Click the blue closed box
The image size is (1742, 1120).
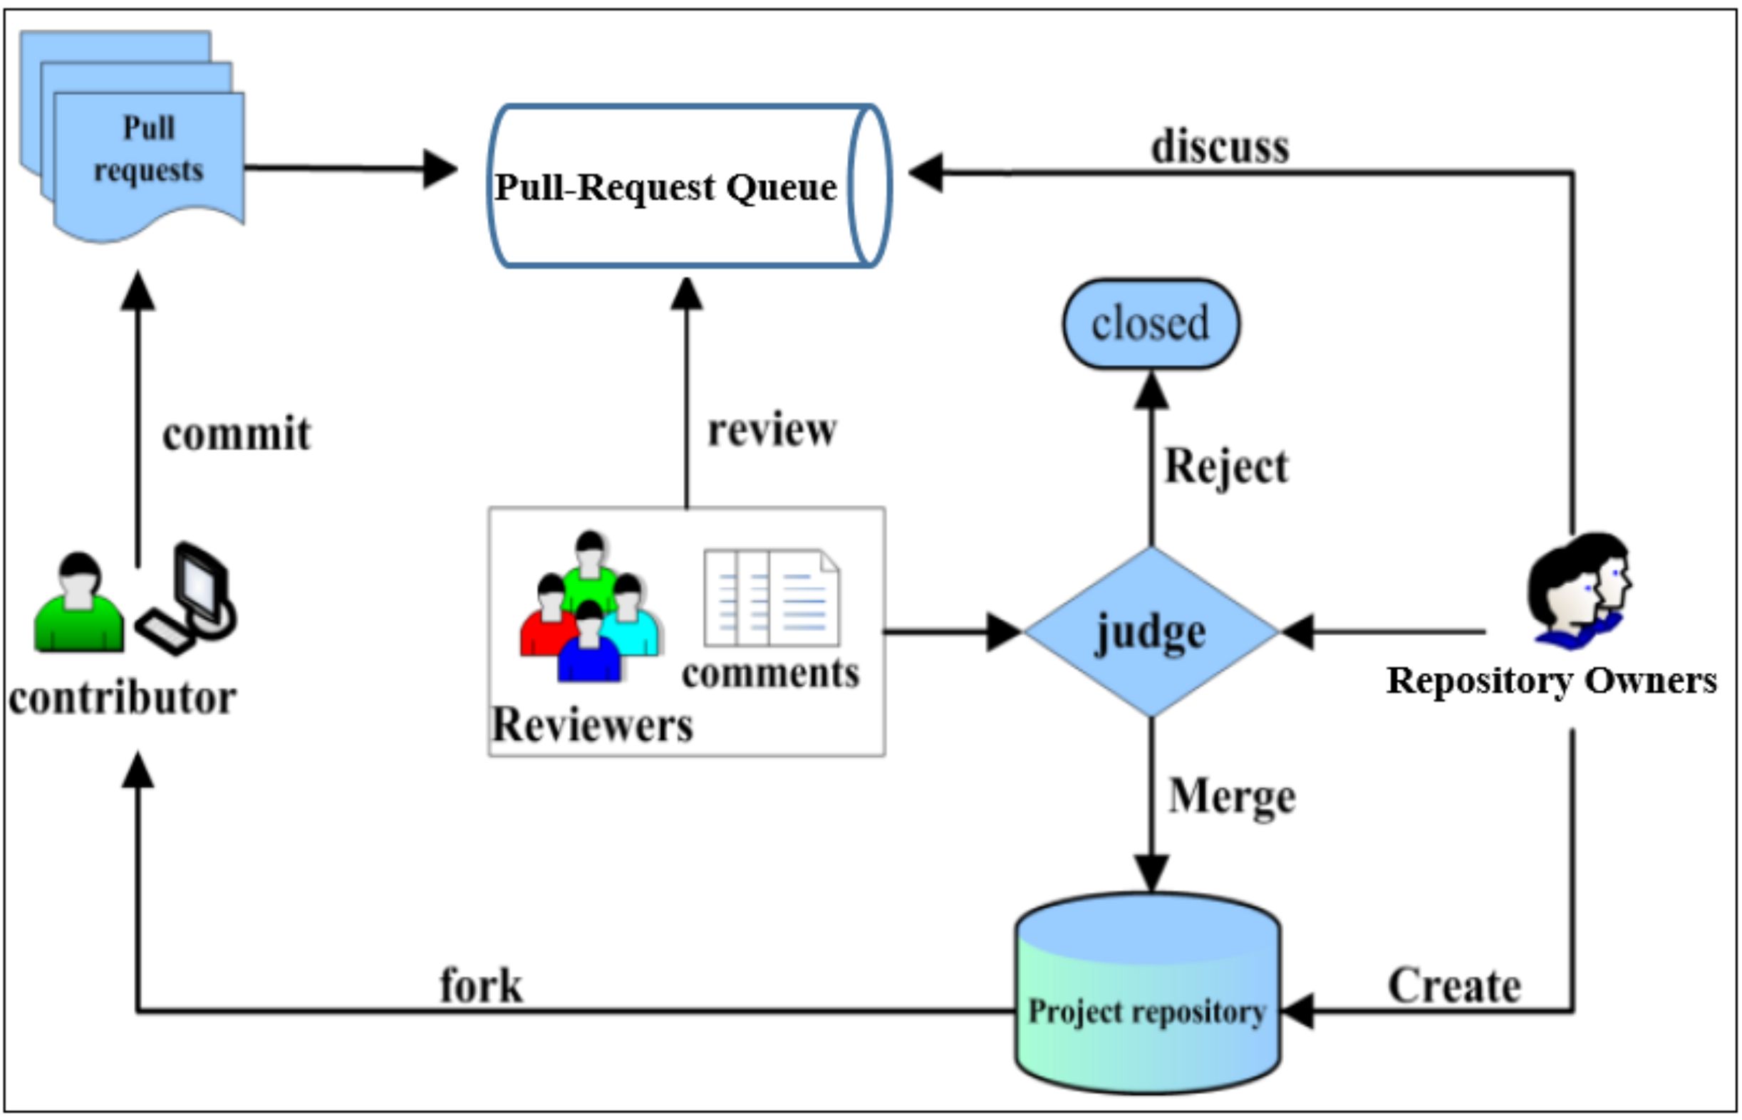1151,324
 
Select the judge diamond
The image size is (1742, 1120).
1151,632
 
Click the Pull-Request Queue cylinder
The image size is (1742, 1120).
688,186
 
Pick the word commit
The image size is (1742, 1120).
237,434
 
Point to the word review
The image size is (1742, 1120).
772,430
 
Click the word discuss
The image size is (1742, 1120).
1220,146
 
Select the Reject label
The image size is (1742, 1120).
1226,466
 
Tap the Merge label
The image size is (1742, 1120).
1232,795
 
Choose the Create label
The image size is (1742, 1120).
1454,986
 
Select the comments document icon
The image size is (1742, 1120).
771,598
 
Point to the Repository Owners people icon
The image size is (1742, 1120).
1578,589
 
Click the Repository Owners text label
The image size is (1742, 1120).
1550,681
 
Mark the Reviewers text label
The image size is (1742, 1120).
592,725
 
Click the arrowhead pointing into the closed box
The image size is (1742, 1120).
1151,391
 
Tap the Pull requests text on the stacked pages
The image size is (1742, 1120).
149,149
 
